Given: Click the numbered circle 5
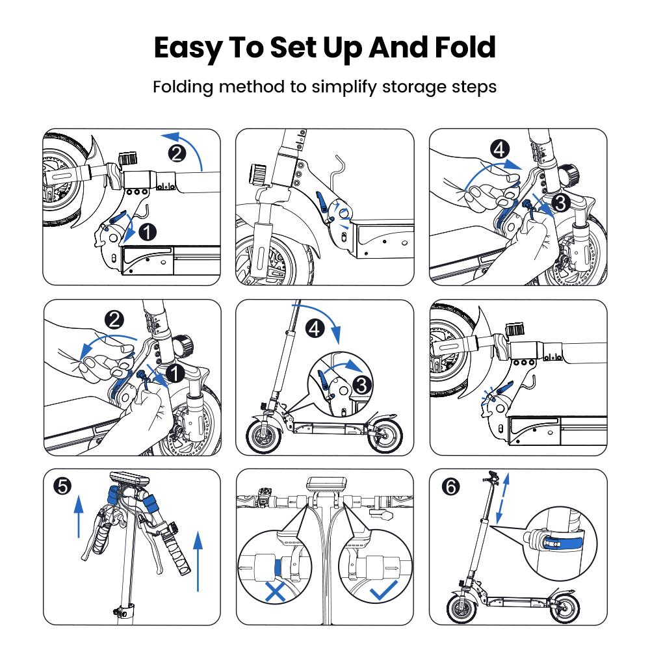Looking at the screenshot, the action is [x=62, y=486].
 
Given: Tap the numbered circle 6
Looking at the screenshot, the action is [x=451, y=486].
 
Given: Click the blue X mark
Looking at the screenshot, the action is [x=275, y=592].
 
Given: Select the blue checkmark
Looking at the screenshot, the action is [x=383, y=590].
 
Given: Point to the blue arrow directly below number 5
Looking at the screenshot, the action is [x=79, y=517].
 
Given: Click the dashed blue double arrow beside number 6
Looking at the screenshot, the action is [x=502, y=498].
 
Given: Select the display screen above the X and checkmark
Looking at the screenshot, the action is [x=326, y=485].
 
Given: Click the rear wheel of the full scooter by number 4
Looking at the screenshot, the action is [x=385, y=436].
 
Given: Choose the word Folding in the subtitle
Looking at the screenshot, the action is [x=183, y=88].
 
